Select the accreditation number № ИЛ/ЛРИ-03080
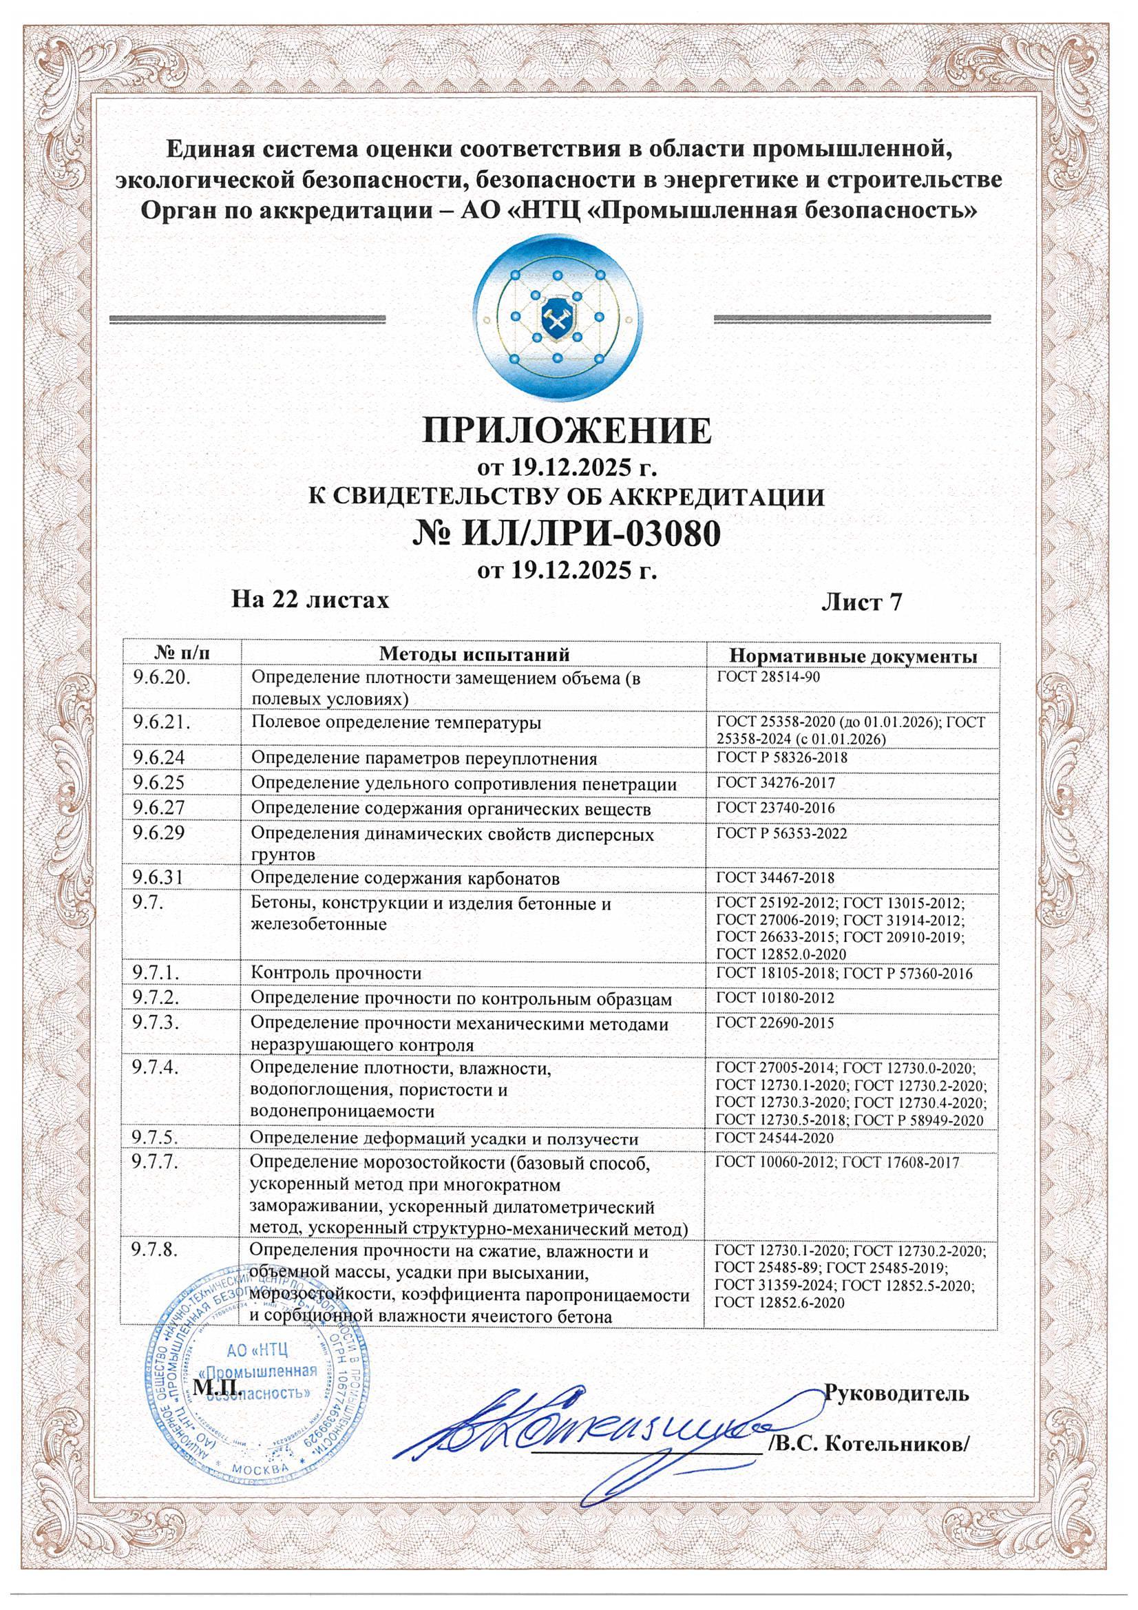(x=567, y=534)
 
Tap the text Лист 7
(x=861, y=602)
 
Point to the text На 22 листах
(x=310, y=600)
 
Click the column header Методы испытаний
(x=474, y=654)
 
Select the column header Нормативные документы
(x=852, y=656)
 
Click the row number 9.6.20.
(x=162, y=678)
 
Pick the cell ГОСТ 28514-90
(x=768, y=678)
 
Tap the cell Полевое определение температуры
(x=396, y=722)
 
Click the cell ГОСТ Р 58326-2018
(x=782, y=757)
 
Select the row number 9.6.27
(x=159, y=808)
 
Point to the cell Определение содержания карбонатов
(x=405, y=878)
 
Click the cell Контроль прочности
(x=337, y=973)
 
